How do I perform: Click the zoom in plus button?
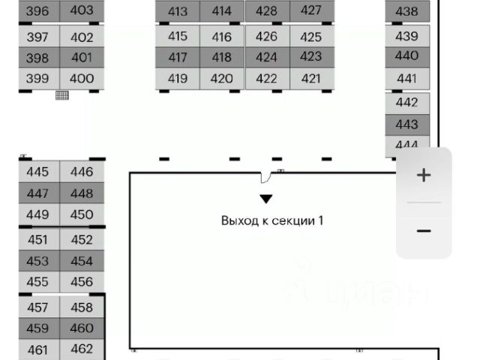click(424, 175)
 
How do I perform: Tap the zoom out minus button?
click(424, 231)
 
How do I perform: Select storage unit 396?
click(37, 11)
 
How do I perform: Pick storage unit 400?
click(82, 78)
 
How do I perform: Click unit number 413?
click(178, 11)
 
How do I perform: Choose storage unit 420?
click(222, 78)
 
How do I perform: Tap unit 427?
click(310, 10)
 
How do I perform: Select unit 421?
click(310, 78)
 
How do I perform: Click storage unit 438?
click(406, 11)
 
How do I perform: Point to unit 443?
click(406, 124)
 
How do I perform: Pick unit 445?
click(37, 172)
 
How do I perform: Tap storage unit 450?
click(82, 214)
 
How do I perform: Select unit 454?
click(82, 261)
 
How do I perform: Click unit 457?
click(37, 307)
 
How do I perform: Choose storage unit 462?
click(82, 349)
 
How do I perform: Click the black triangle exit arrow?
click(266, 199)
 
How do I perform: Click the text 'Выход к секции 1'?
click(272, 220)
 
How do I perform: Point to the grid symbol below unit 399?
click(61, 94)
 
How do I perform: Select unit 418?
click(222, 57)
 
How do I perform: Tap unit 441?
click(406, 78)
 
